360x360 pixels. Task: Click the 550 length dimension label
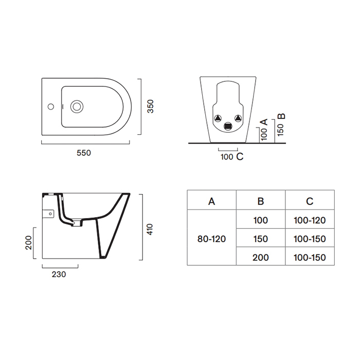(x=84, y=153)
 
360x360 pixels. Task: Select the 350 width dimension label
(x=150, y=106)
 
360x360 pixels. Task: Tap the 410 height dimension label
(x=150, y=229)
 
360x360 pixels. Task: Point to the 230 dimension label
(x=59, y=274)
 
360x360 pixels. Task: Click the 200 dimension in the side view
(x=29, y=243)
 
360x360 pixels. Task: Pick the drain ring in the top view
(x=77, y=106)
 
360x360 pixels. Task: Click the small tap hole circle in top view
(x=51, y=106)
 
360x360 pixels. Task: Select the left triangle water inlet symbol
(x=218, y=118)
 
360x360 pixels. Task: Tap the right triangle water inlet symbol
(x=238, y=118)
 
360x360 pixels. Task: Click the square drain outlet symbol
(x=228, y=127)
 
